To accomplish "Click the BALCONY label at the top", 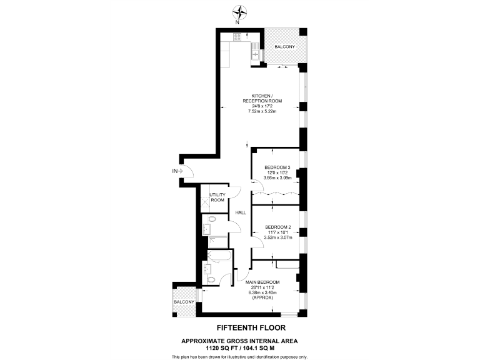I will coord(284,47).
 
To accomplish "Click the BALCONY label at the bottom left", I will coord(184,302).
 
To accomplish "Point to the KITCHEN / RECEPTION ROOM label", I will coord(262,98).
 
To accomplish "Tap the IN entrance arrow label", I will coord(176,170).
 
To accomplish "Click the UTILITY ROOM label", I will coord(217,197).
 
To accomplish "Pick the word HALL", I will coord(241,213).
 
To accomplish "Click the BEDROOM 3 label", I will coord(277,167).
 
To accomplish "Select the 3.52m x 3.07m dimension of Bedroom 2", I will coord(277,237).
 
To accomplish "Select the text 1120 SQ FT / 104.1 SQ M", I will coord(240,347).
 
